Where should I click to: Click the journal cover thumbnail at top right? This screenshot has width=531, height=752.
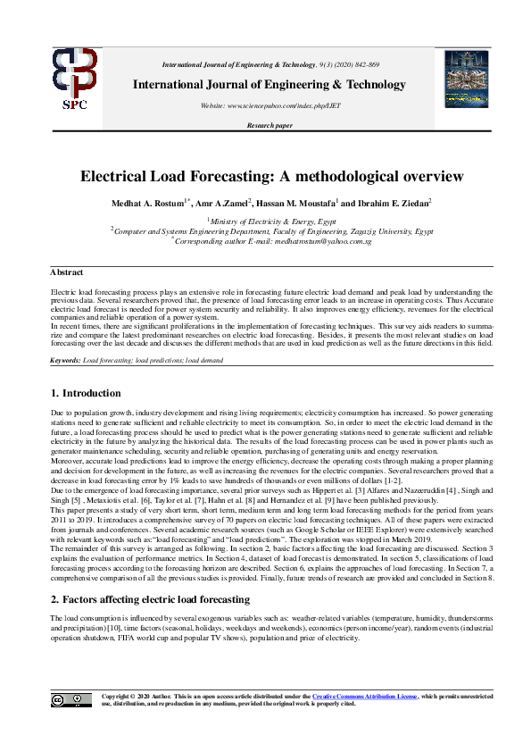(466, 79)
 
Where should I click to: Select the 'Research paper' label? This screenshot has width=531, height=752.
(270, 126)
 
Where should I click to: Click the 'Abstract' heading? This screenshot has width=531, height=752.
(66, 272)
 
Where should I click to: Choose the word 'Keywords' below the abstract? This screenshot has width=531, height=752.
(64, 360)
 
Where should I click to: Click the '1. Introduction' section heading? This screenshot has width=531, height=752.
(85, 393)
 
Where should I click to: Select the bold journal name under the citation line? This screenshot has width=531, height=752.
(269, 85)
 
